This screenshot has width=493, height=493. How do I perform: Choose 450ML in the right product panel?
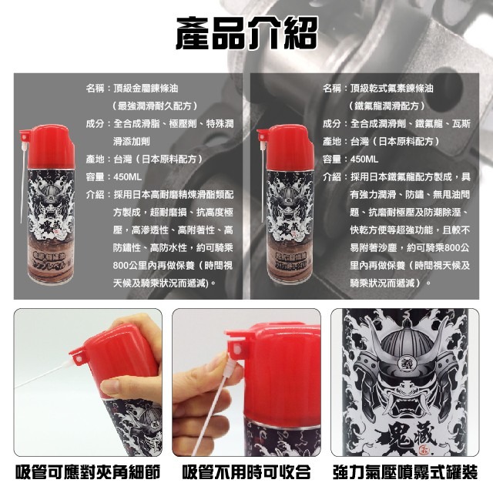[364, 159]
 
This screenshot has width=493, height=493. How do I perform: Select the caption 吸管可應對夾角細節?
[82, 471]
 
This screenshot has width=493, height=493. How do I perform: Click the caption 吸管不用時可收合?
[246, 471]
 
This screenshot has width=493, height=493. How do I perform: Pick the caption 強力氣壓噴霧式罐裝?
[411, 471]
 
